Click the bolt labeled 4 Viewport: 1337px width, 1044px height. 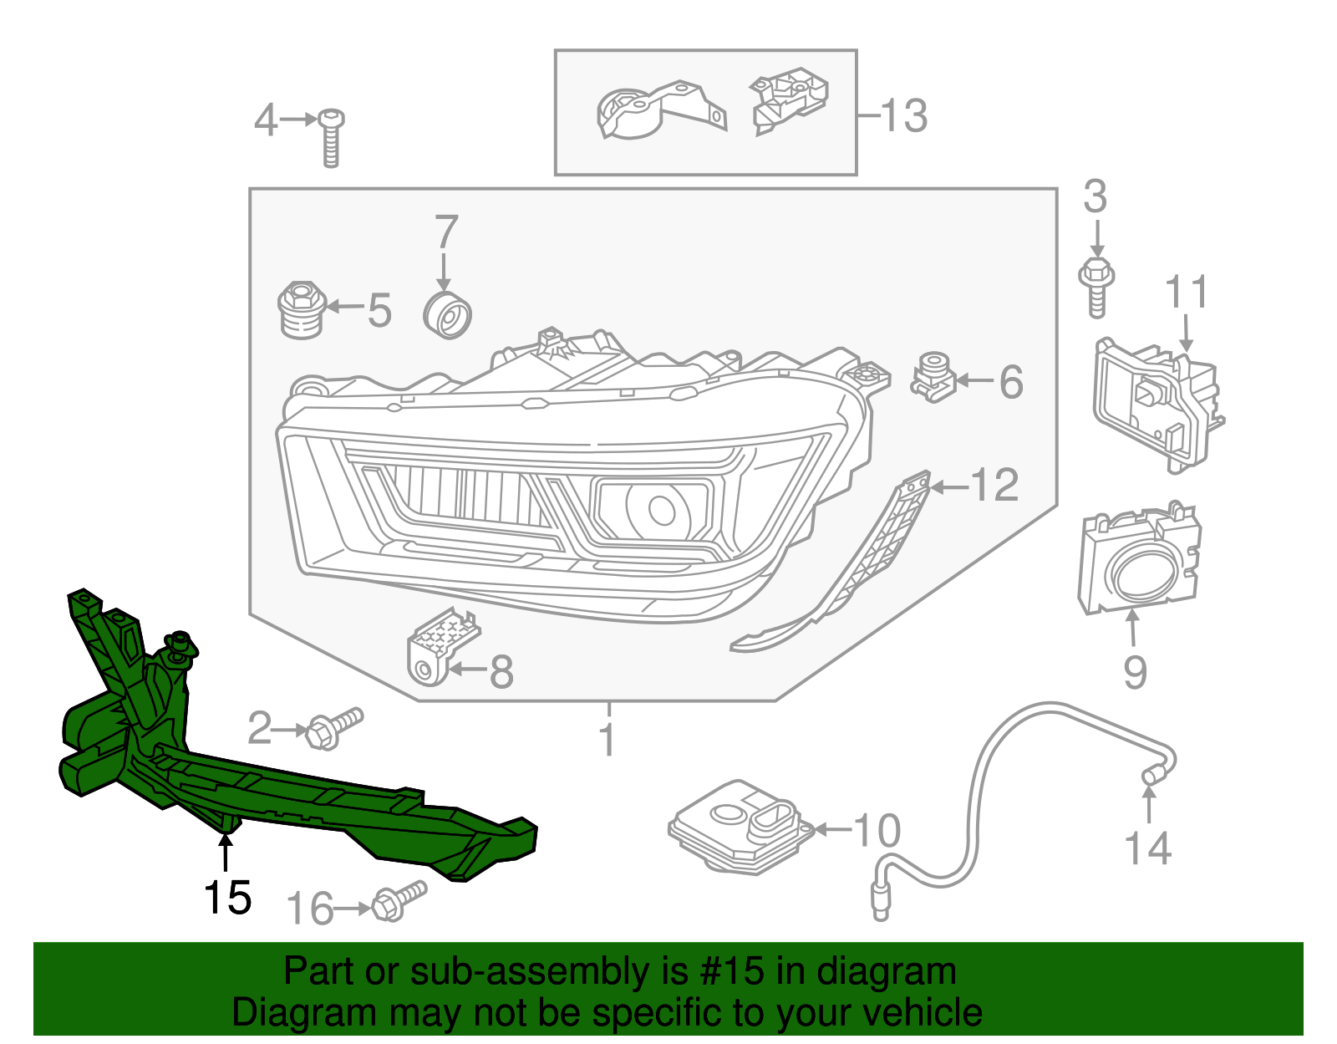(332, 138)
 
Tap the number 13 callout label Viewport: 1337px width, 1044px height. (903, 115)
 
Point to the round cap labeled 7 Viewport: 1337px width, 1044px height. (448, 316)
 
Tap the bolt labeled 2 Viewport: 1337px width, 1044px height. (333, 729)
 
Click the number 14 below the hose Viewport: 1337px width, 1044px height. (1148, 848)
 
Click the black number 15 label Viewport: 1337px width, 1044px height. (227, 899)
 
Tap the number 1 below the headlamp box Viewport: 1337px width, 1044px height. (608, 741)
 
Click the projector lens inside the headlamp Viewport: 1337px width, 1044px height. (661, 510)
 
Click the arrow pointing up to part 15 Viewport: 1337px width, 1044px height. (224, 853)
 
